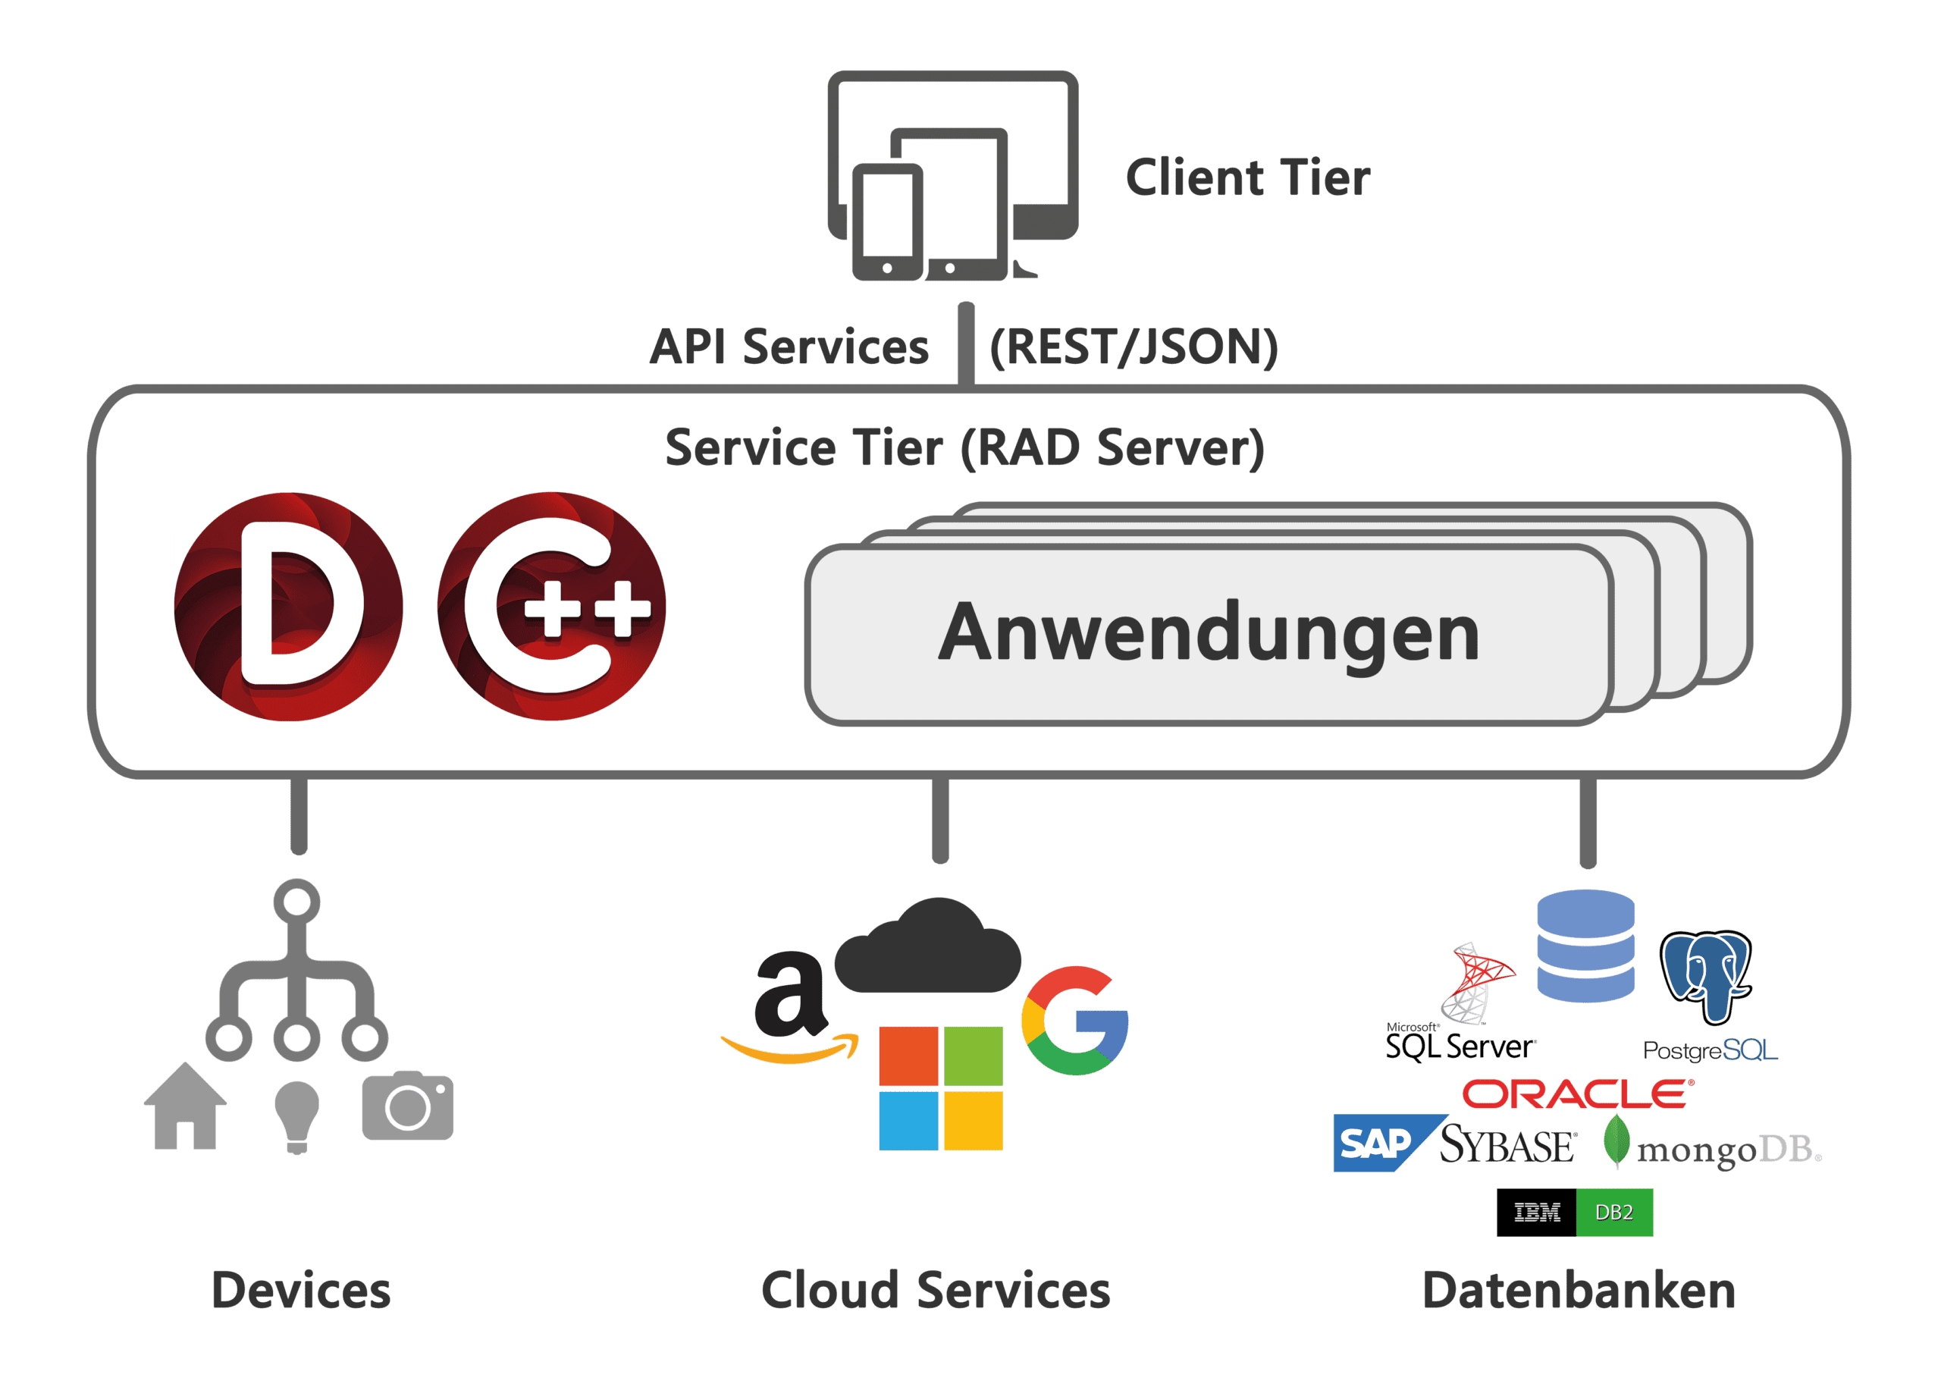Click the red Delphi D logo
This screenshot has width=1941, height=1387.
[288, 607]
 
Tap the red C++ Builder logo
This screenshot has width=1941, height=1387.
[552, 607]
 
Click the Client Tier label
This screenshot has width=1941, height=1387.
[1247, 177]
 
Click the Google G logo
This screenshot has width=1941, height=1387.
[1075, 1021]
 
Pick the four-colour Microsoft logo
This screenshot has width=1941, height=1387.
[941, 1089]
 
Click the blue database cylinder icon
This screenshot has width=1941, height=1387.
[1585, 946]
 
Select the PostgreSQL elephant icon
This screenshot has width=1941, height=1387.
[1705, 975]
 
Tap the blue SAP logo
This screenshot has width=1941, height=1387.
[1377, 1143]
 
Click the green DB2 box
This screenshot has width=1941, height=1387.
[1614, 1212]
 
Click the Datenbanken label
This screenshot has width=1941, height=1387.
[1579, 1291]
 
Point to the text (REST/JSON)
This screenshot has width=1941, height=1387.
[1134, 347]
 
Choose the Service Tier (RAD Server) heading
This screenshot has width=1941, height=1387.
[965, 447]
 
